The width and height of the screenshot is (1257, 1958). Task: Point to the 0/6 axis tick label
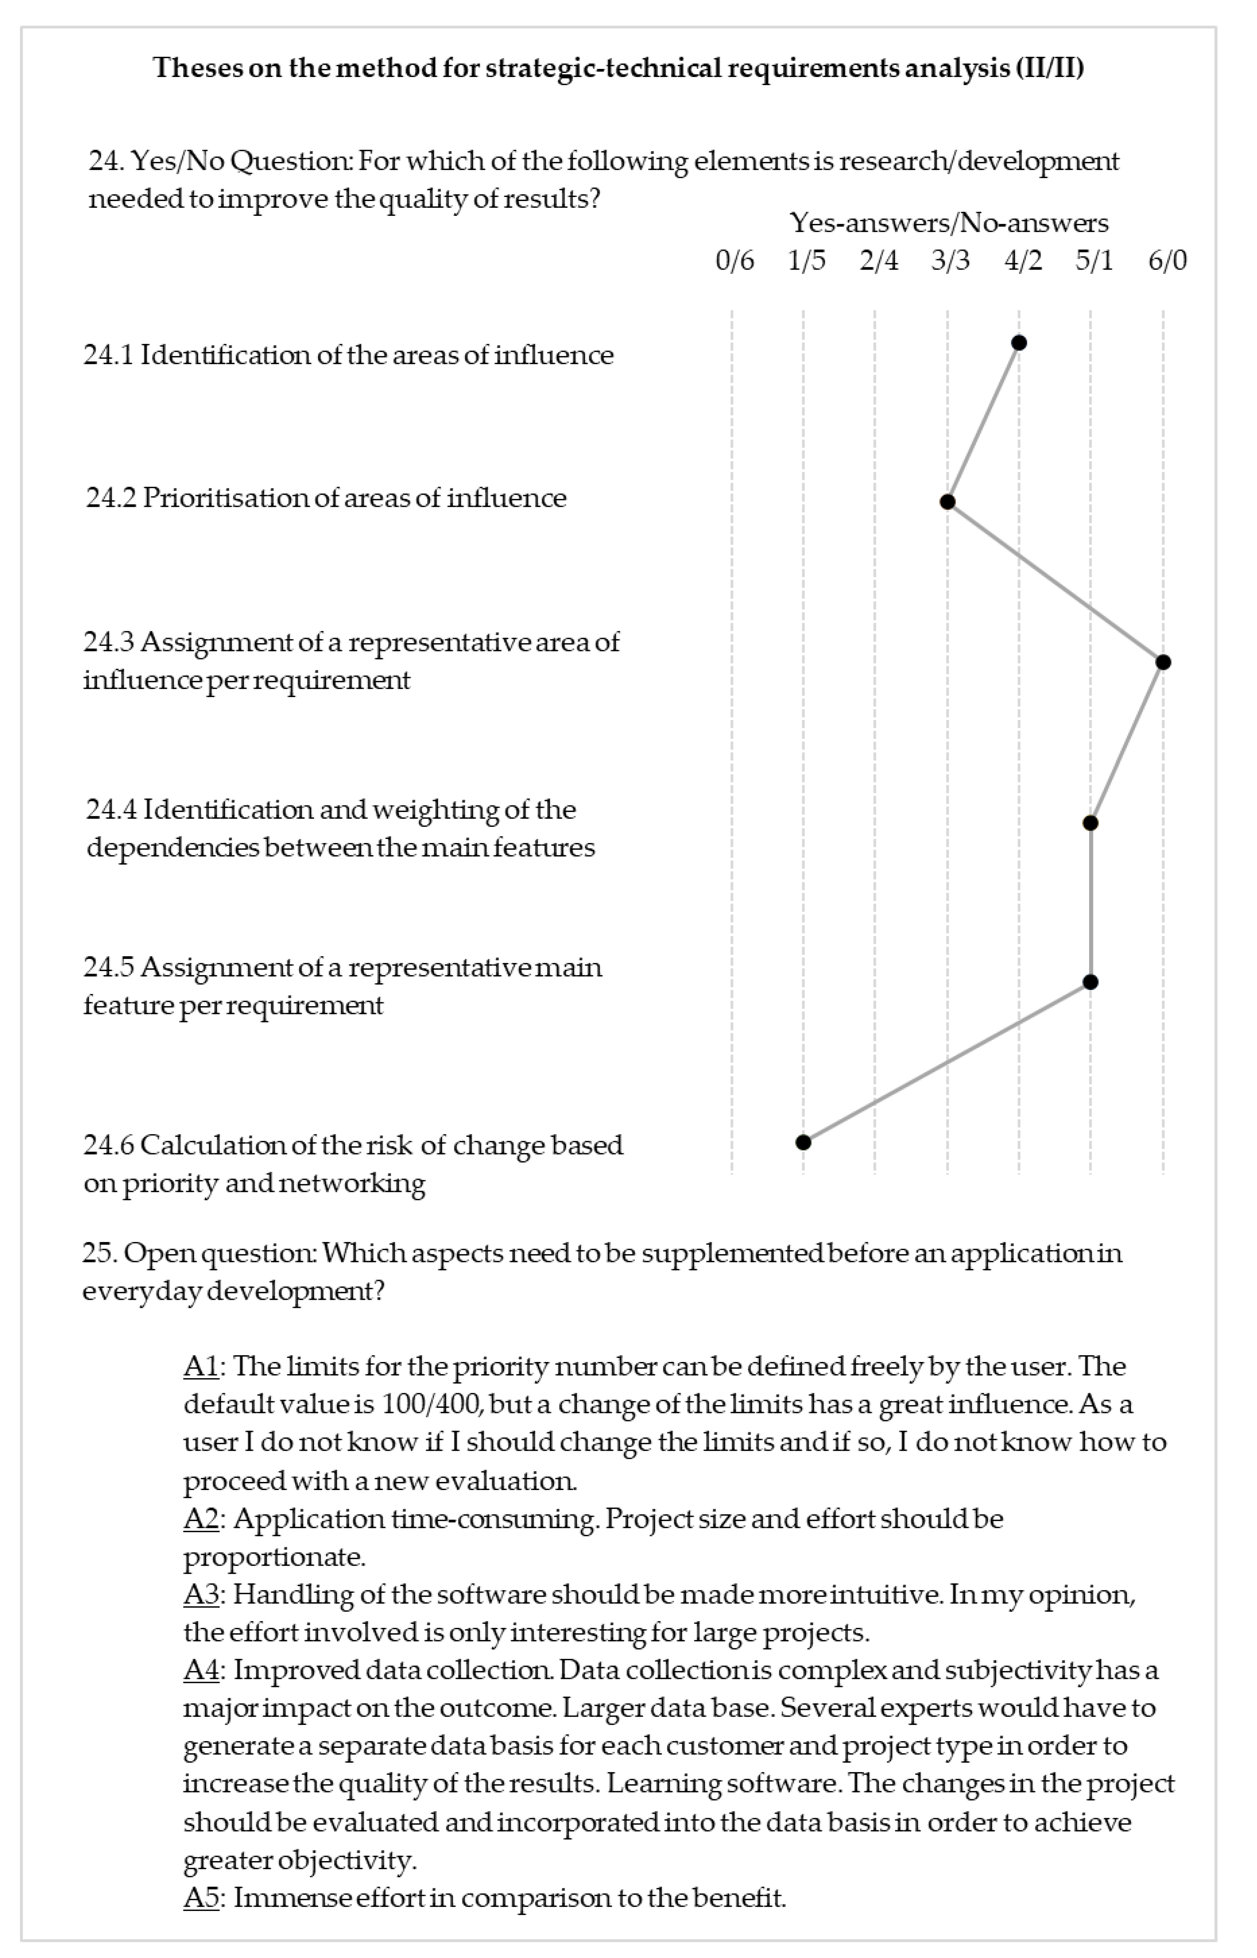click(x=734, y=261)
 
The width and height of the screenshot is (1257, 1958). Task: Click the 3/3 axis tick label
click(x=951, y=261)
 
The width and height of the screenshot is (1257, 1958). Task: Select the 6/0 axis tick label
click(x=1167, y=261)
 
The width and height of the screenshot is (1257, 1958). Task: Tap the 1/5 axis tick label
click(x=806, y=261)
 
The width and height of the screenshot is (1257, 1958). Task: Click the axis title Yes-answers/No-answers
click(x=949, y=223)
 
